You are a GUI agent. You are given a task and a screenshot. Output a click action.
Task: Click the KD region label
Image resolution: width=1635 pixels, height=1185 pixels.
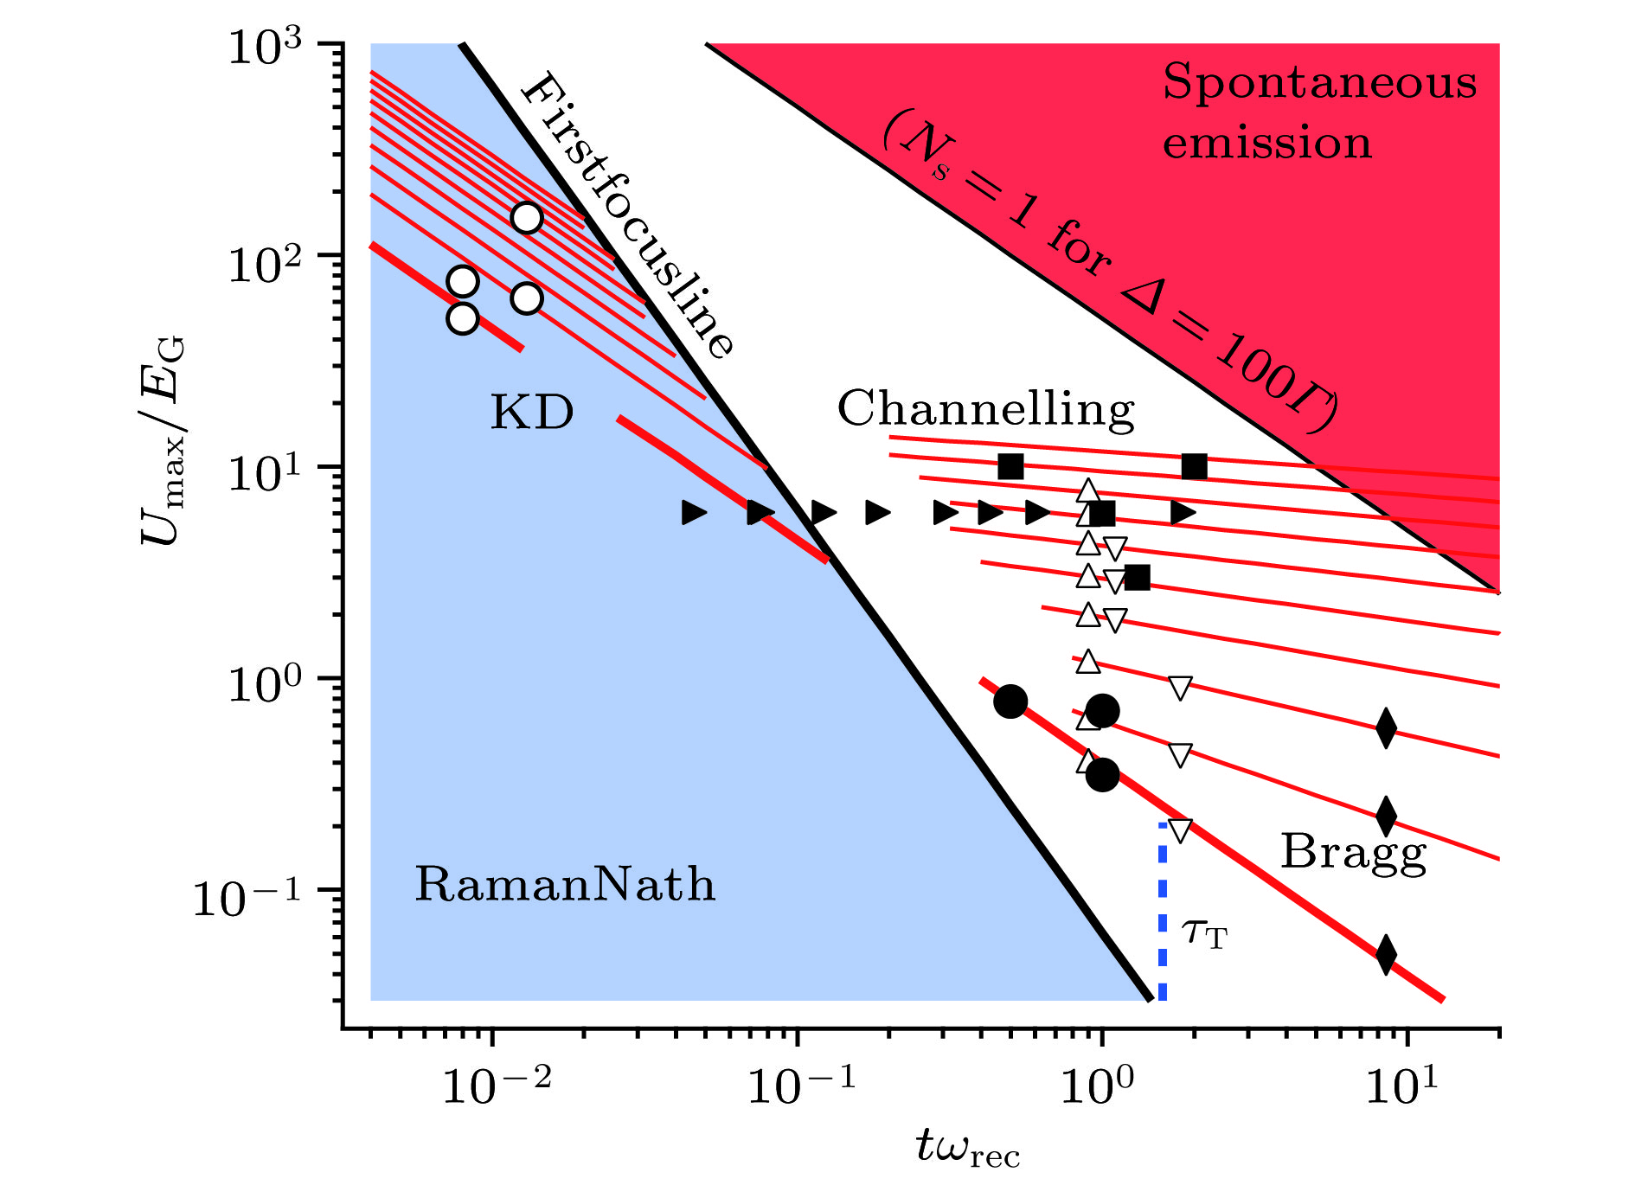click(532, 412)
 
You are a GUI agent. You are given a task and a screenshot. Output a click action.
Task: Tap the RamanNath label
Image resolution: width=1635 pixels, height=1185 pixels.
click(565, 884)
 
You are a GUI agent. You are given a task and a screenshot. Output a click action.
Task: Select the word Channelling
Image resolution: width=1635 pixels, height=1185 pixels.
click(985, 409)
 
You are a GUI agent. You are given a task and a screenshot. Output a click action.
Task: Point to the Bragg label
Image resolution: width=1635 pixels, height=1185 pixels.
click(1353, 853)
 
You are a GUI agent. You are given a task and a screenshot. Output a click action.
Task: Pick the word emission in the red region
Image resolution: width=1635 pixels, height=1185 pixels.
click(1266, 143)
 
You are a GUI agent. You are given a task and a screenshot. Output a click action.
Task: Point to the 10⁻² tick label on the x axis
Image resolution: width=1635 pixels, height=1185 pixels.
click(496, 1085)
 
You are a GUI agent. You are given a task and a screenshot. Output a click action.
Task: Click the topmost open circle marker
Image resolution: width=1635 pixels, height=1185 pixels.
click(527, 217)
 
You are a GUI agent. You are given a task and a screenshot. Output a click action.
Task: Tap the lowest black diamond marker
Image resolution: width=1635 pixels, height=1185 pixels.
click(1386, 955)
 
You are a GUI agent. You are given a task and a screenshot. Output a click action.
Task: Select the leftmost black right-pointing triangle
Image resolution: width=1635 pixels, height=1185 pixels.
click(694, 513)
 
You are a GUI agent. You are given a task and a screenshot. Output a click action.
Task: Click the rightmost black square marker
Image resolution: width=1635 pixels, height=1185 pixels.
click(1194, 467)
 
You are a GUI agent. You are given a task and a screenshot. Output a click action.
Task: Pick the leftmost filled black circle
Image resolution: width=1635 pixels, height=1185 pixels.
click(1010, 701)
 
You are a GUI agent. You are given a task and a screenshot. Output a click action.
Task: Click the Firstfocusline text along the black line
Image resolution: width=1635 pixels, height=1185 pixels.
click(626, 215)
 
